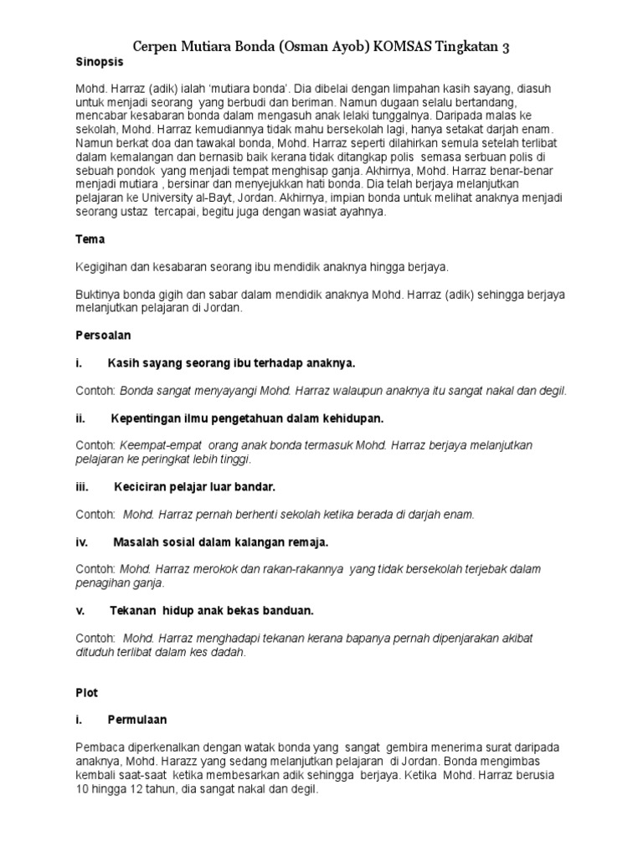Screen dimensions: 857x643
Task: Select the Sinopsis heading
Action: tap(100, 63)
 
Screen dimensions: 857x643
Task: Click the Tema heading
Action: tap(90, 239)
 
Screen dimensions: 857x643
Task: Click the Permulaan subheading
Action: tap(137, 720)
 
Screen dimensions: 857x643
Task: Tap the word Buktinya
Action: tap(99, 294)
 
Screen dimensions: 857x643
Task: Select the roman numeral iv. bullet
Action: tap(82, 541)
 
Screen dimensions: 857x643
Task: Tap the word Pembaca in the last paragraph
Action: tap(100, 747)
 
